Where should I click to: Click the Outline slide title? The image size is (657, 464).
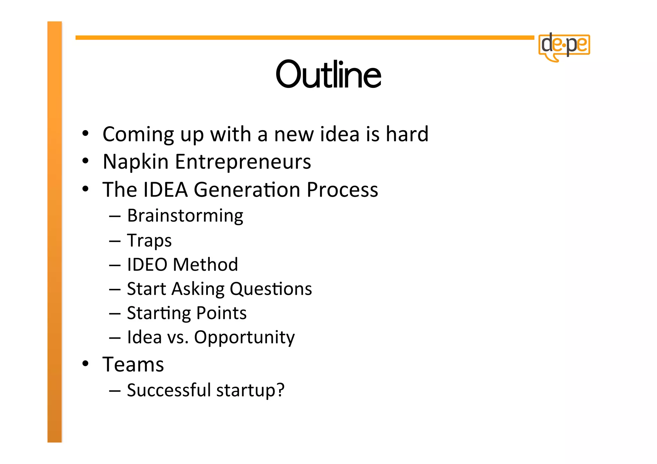[328, 74]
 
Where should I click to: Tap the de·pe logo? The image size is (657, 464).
[564, 46]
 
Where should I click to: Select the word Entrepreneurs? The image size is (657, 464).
[243, 162]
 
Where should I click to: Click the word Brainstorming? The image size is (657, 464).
[185, 216]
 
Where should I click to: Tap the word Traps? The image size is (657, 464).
[149, 240]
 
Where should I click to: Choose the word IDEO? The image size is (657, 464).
[147, 265]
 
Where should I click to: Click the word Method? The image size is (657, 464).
[205, 265]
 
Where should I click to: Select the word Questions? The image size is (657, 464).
[270, 289]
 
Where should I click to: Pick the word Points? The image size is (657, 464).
[221, 313]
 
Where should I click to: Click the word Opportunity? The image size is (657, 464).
[244, 338]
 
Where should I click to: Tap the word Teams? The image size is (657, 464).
[133, 365]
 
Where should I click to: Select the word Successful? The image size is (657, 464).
[169, 390]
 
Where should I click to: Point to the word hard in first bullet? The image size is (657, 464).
[407, 134]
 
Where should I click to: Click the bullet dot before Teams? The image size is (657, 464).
[85, 364]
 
